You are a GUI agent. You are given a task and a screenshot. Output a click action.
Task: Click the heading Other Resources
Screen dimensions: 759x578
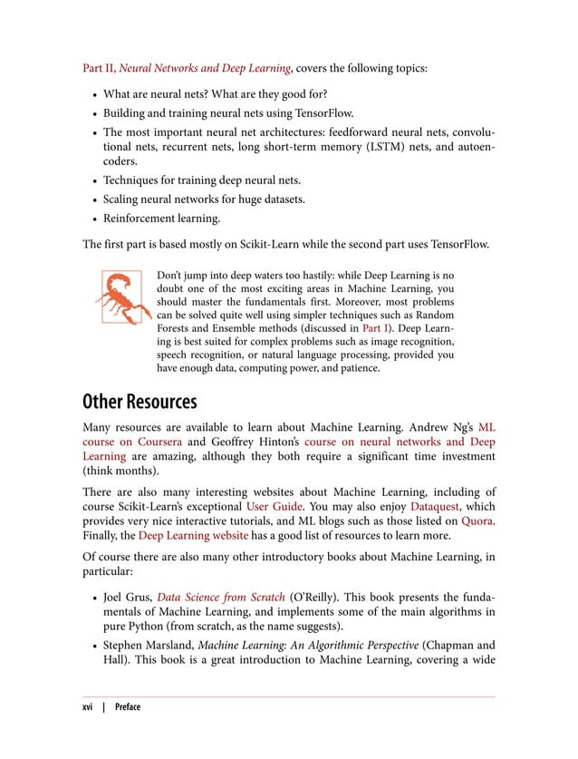coord(140,401)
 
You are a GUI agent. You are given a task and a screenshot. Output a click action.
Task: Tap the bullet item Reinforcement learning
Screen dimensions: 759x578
coord(162,218)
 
